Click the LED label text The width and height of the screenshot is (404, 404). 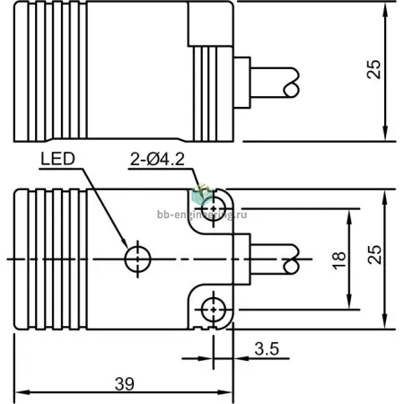pyautogui.click(x=57, y=159)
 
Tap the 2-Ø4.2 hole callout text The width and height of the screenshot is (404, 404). pyautogui.click(x=157, y=160)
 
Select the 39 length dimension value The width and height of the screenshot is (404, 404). pyautogui.click(x=125, y=384)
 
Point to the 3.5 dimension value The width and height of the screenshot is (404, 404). pyautogui.click(x=267, y=349)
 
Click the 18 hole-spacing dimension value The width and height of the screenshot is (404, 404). pyautogui.click(x=339, y=260)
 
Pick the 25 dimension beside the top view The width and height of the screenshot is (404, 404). pyautogui.click(x=374, y=69)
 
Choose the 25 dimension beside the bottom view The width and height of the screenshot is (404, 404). pyautogui.click(x=374, y=255)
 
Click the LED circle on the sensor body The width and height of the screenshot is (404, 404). pyautogui.click(x=137, y=259)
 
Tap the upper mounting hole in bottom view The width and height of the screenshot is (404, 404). pyautogui.click(x=214, y=208)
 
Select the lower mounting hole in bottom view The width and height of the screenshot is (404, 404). pyautogui.click(x=214, y=310)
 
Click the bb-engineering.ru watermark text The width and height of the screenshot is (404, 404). pyautogui.click(x=202, y=215)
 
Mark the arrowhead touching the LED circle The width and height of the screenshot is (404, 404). pyautogui.click(x=124, y=243)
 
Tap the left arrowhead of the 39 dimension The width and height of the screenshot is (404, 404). pyautogui.click(x=21, y=392)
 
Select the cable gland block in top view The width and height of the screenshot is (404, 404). pyautogui.click(x=242, y=83)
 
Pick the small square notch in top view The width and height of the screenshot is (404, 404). pyautogui.click(x=210, y=24)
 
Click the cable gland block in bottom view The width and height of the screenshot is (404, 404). pyautogui.click(x=242, y=259)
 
